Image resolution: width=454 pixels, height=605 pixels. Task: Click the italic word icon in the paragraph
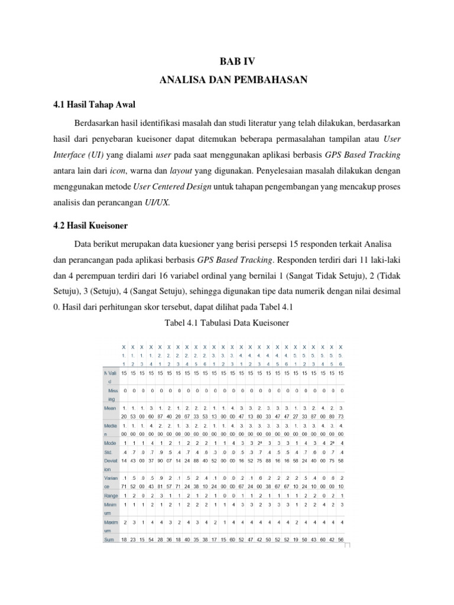click(137, 171)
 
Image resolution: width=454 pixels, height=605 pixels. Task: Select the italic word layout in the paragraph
click(181, 171)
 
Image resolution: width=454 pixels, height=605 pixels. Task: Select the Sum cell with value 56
click(341, 539)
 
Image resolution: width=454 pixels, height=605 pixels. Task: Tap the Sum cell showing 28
click(160, 539)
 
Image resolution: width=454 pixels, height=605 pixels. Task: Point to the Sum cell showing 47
click(251, 539)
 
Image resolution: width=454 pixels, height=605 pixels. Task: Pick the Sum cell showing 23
click(133, 539)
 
